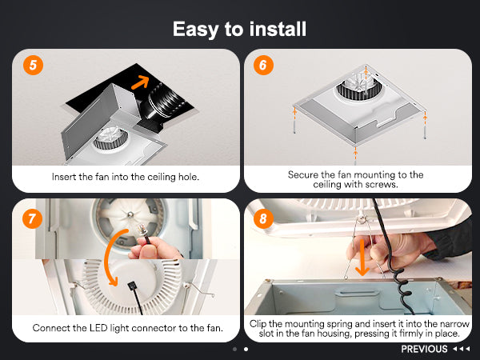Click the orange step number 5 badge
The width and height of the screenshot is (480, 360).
pyautogui.click(x=33, y=66)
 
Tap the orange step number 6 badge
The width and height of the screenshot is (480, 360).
pyautogui.click(x=263, y=66)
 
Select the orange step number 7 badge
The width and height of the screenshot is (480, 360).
pyautogui.click(x=33, y=219)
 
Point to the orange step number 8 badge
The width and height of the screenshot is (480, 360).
pyautogui.click(x=263, y=219)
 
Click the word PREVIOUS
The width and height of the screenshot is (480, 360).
pyautogui.click(x=424, y=349)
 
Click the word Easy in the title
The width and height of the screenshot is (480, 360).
pyautogui.click(x=196, y=30)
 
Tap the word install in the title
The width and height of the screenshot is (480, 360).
pyautogui.click(x=278, y=29)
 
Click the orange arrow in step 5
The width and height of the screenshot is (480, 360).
pyautogui.click(x=141, y=82)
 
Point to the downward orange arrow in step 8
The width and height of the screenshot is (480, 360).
pyautogui.click(x=362, y=258)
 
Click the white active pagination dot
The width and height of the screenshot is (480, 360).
pyautogui.click(x=246, y=349)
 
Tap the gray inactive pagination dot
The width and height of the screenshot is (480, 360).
pyautogui.click(x=234, y=349)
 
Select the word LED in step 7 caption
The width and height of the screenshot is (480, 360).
pyautogui.click(x=98, y=328)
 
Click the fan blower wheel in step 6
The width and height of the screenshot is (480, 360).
pyautogui.click(x=358, y=86)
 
